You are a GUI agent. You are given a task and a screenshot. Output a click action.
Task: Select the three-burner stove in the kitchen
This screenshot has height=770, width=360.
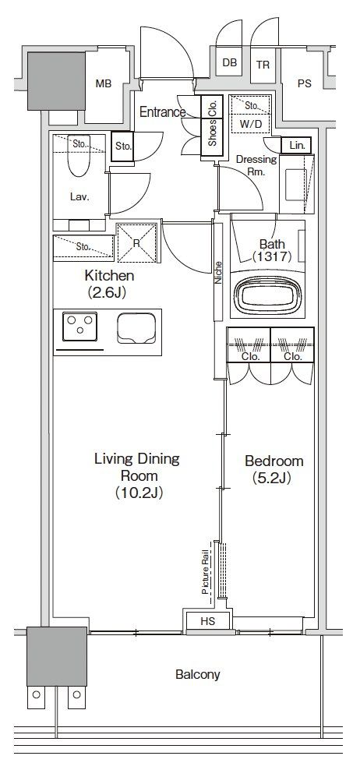pyautogui.click(x=79, y=326)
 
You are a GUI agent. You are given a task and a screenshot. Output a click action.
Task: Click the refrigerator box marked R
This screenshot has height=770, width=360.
pyautogui.click(x=136, y=243)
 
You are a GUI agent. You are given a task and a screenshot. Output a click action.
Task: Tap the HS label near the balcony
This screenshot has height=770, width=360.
pyautogui.click(x=208, y=621)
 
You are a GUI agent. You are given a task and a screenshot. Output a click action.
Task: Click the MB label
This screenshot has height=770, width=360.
pyautogui.click(x=103, y=84)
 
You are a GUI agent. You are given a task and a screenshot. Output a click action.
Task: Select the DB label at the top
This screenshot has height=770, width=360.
pyautogui.click(x=229, y=63)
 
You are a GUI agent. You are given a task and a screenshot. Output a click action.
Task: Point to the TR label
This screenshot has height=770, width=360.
pyautogui.click(x=263, y=65)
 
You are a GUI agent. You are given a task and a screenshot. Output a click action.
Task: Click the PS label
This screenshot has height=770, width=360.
pyautogui.click(x=305, y=83)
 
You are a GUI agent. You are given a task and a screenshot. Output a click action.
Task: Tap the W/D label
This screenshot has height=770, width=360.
pyautogui.click(x=250, y=124)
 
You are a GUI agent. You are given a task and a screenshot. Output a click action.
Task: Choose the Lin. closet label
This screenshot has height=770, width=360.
pyautogui.click(x=297, y=146)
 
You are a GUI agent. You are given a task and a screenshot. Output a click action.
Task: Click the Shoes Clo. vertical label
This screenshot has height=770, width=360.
pyautogui.click(x=213, y=126)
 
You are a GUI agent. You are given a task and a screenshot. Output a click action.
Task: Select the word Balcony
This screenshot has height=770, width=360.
pyautogui.click(x=198, y=675)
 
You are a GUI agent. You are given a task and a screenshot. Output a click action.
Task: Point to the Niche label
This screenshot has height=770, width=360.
pyautogui.click(x=218, y=273)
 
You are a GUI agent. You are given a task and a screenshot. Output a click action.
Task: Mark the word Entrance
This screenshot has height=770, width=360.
pyautogui.click(x=163, y=112)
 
